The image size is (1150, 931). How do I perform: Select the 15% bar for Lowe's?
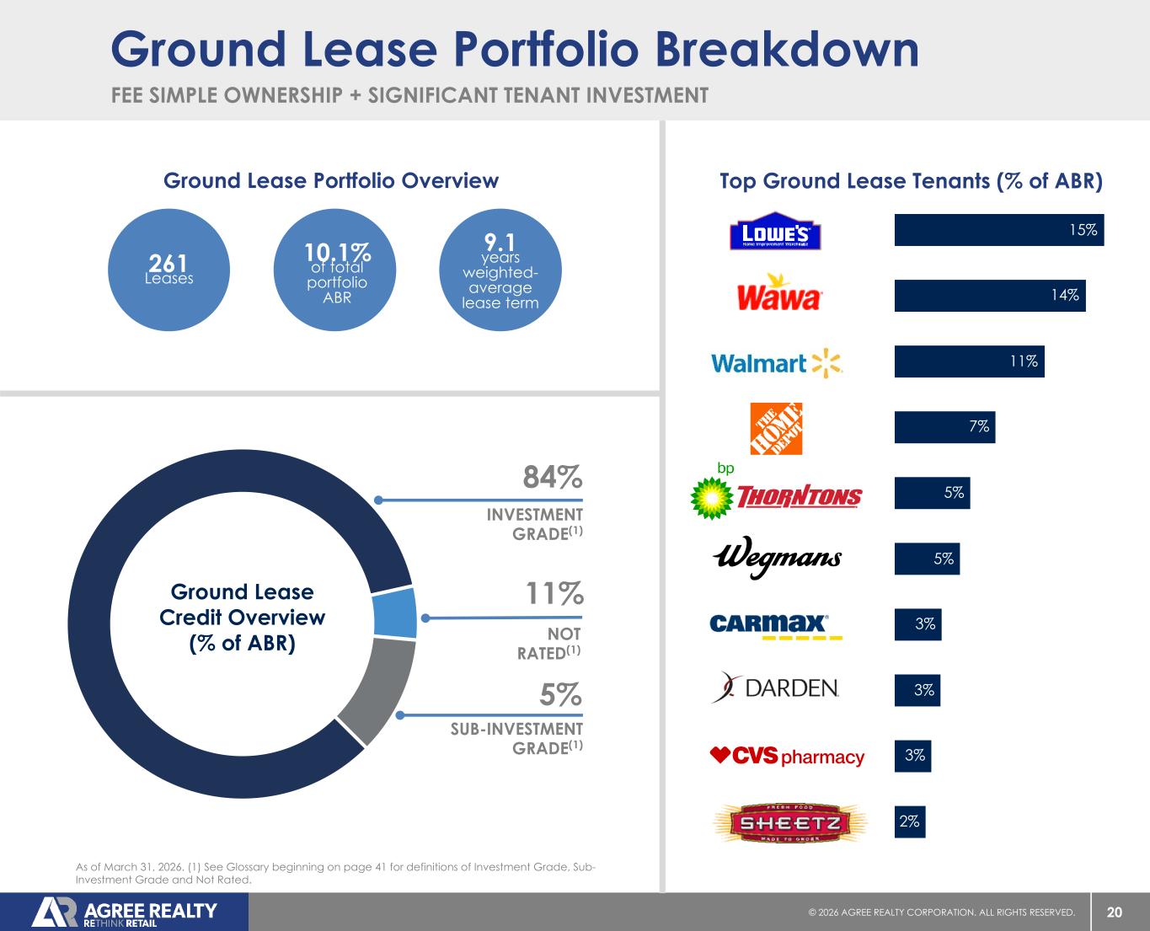(x=998, y=230)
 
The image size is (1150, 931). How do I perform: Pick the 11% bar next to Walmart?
(x=969, y=361)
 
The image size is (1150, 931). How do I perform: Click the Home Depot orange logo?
(x=776, y=428)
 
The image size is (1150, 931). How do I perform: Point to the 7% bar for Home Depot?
(x=944, y=427)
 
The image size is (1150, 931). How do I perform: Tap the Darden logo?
(x=775, y=689)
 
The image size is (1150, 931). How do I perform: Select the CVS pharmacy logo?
(x=788, y=757)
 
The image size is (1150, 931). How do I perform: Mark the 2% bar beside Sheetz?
(x=910, y=821)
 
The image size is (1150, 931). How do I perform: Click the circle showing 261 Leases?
(x=168, y=270)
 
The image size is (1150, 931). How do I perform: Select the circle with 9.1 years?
(x=500, y=270)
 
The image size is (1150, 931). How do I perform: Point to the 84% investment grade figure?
(x=553, y=478)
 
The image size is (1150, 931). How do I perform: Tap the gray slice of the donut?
(x=380, y=688)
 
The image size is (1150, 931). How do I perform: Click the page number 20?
(x=1114, y=912)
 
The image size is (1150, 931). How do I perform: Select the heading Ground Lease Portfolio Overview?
(x=331, y=180)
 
